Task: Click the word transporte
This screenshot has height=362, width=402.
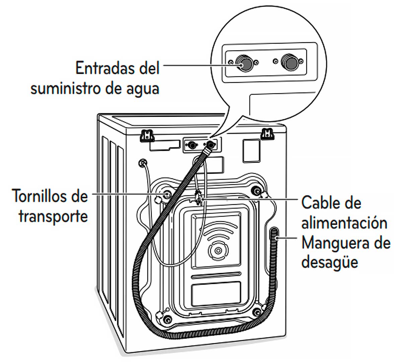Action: tap(53, 216)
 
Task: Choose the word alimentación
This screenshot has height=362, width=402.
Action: tap(344, 223)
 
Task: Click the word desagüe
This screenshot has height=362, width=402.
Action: tap(330, 263)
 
